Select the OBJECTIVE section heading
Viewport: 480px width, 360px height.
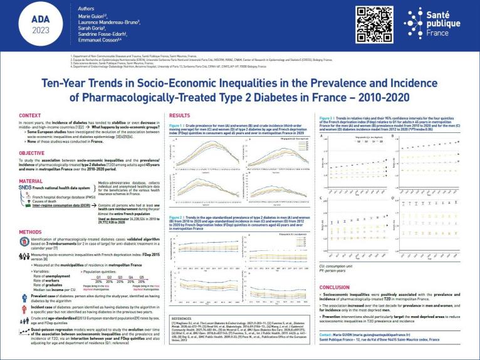(x=32, y=152)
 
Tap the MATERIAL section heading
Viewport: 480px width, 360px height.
(x=31, y=181)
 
